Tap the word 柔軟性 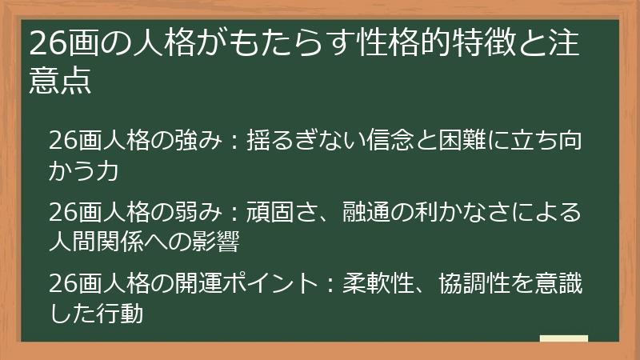pyautogui.click(x=377, y=284)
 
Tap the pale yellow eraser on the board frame pyautogui.click(x=563, y=338)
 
